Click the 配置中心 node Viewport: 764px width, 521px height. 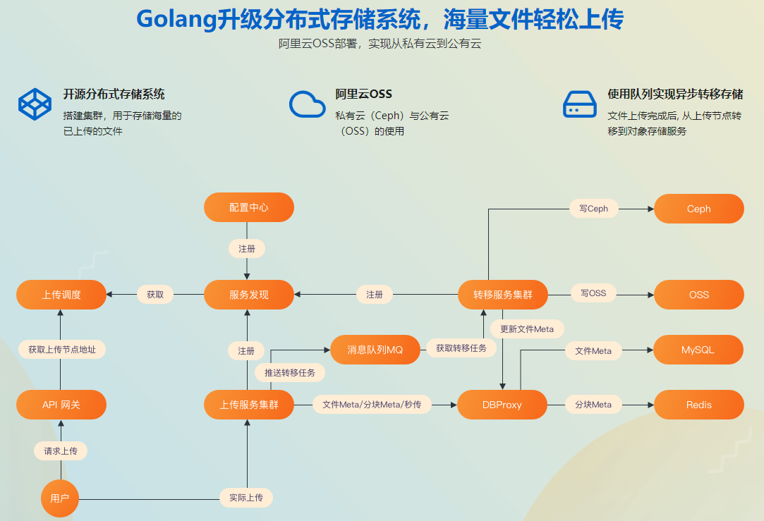pyautogui.click(x=248, y=208)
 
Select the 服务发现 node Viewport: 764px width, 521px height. pyautogui.click(x=248, y=295)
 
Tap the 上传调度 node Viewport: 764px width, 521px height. pyautogui.click(x=61, y=295)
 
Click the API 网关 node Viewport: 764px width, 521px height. pyautogui.click(x=61, y=405)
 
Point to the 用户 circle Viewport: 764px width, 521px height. pyautogui.click(x=60, y=498)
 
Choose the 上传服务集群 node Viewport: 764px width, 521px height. pyautogui.click(x=248, y=405)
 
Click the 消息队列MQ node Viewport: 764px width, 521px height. pyautogui.click(x=375, y=350)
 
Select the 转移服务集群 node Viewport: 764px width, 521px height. pyautogui.click(x=502, y=295)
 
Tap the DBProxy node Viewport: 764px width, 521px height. pyautogui.click(x=502, y=405)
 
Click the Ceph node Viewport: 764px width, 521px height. pyautogui.click(x=698, y=209)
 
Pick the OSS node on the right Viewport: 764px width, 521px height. pyautogui.click(x=698, y=295)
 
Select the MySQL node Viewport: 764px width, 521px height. pyautogui.click(x=698, y=350)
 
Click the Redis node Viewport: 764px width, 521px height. pyautogui.click(x=698, y=405)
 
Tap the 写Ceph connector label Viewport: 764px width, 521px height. pyautogui.click(x=593, y=208)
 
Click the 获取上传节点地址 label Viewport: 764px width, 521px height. pyautogui.click(x=62, y=349)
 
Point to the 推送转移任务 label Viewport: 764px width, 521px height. pyautogui.click(x=289, y=372)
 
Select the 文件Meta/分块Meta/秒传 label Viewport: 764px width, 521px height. pyautogui.click(x=371, y=405)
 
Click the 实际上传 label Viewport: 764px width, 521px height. pyautogui.click(x=245, y=498)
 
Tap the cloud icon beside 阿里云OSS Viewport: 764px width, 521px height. pyautogui.click(x=307, y=104)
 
